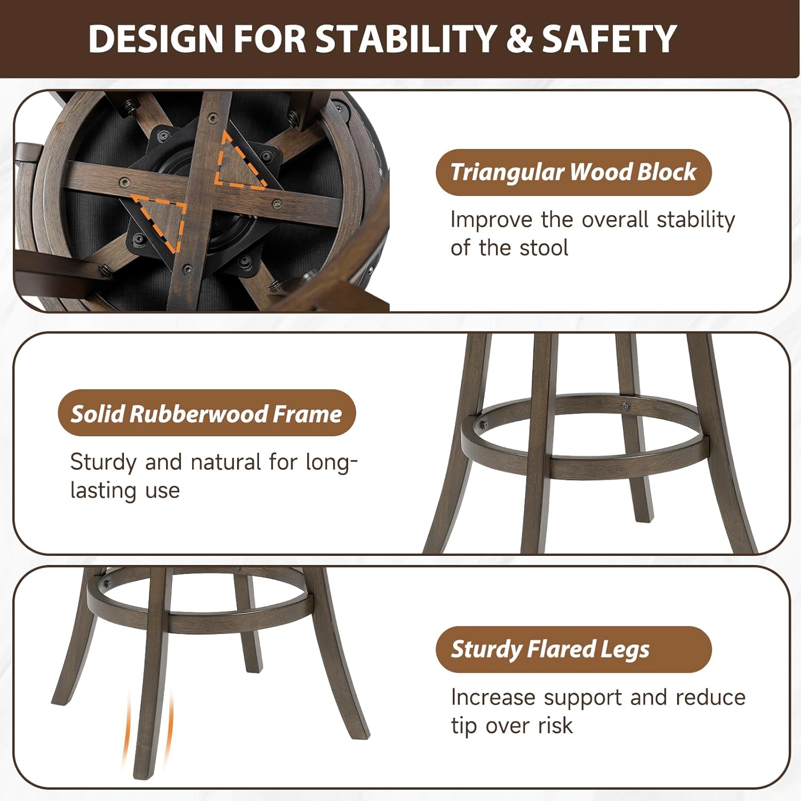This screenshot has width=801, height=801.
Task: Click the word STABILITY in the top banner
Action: click(x=406, y=39)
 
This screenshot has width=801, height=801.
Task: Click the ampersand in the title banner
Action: click(x=519, y=39)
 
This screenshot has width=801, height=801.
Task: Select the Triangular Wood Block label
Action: click(x=574, y=172)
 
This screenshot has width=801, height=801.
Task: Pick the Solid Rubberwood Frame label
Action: click(x=207, y=413)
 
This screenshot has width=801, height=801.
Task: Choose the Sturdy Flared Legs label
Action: click(x=574, y=649)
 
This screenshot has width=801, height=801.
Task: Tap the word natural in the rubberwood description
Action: click(x=226, y=462)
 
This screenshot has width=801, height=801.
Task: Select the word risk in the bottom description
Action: click(x=555, y=726)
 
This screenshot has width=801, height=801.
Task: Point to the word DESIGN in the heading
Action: click(x=155, y=39)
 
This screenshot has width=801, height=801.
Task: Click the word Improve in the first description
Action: click(x=491, y=219)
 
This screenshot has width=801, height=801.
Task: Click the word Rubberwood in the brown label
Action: click(x=198, y=414)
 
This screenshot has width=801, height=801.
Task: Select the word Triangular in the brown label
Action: click(x=507, y=172)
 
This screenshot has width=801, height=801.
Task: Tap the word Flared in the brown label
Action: click(x=561, y=649)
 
